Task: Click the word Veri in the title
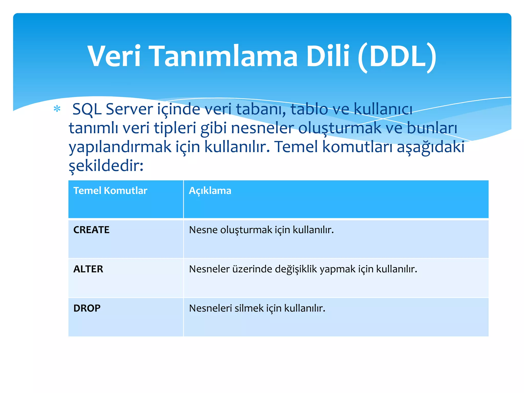click(x=114, y=56)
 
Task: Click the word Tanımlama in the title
click(x=224, y=56)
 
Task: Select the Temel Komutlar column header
click(x=110, y=191)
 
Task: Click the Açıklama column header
click(x=210, y=191)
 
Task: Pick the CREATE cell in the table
click(x=91, y=230)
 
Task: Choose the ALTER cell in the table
click(x=88, y=269)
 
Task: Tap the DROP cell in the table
click(x=87, y=308)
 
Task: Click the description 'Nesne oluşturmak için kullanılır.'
click(x=261, y=230)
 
